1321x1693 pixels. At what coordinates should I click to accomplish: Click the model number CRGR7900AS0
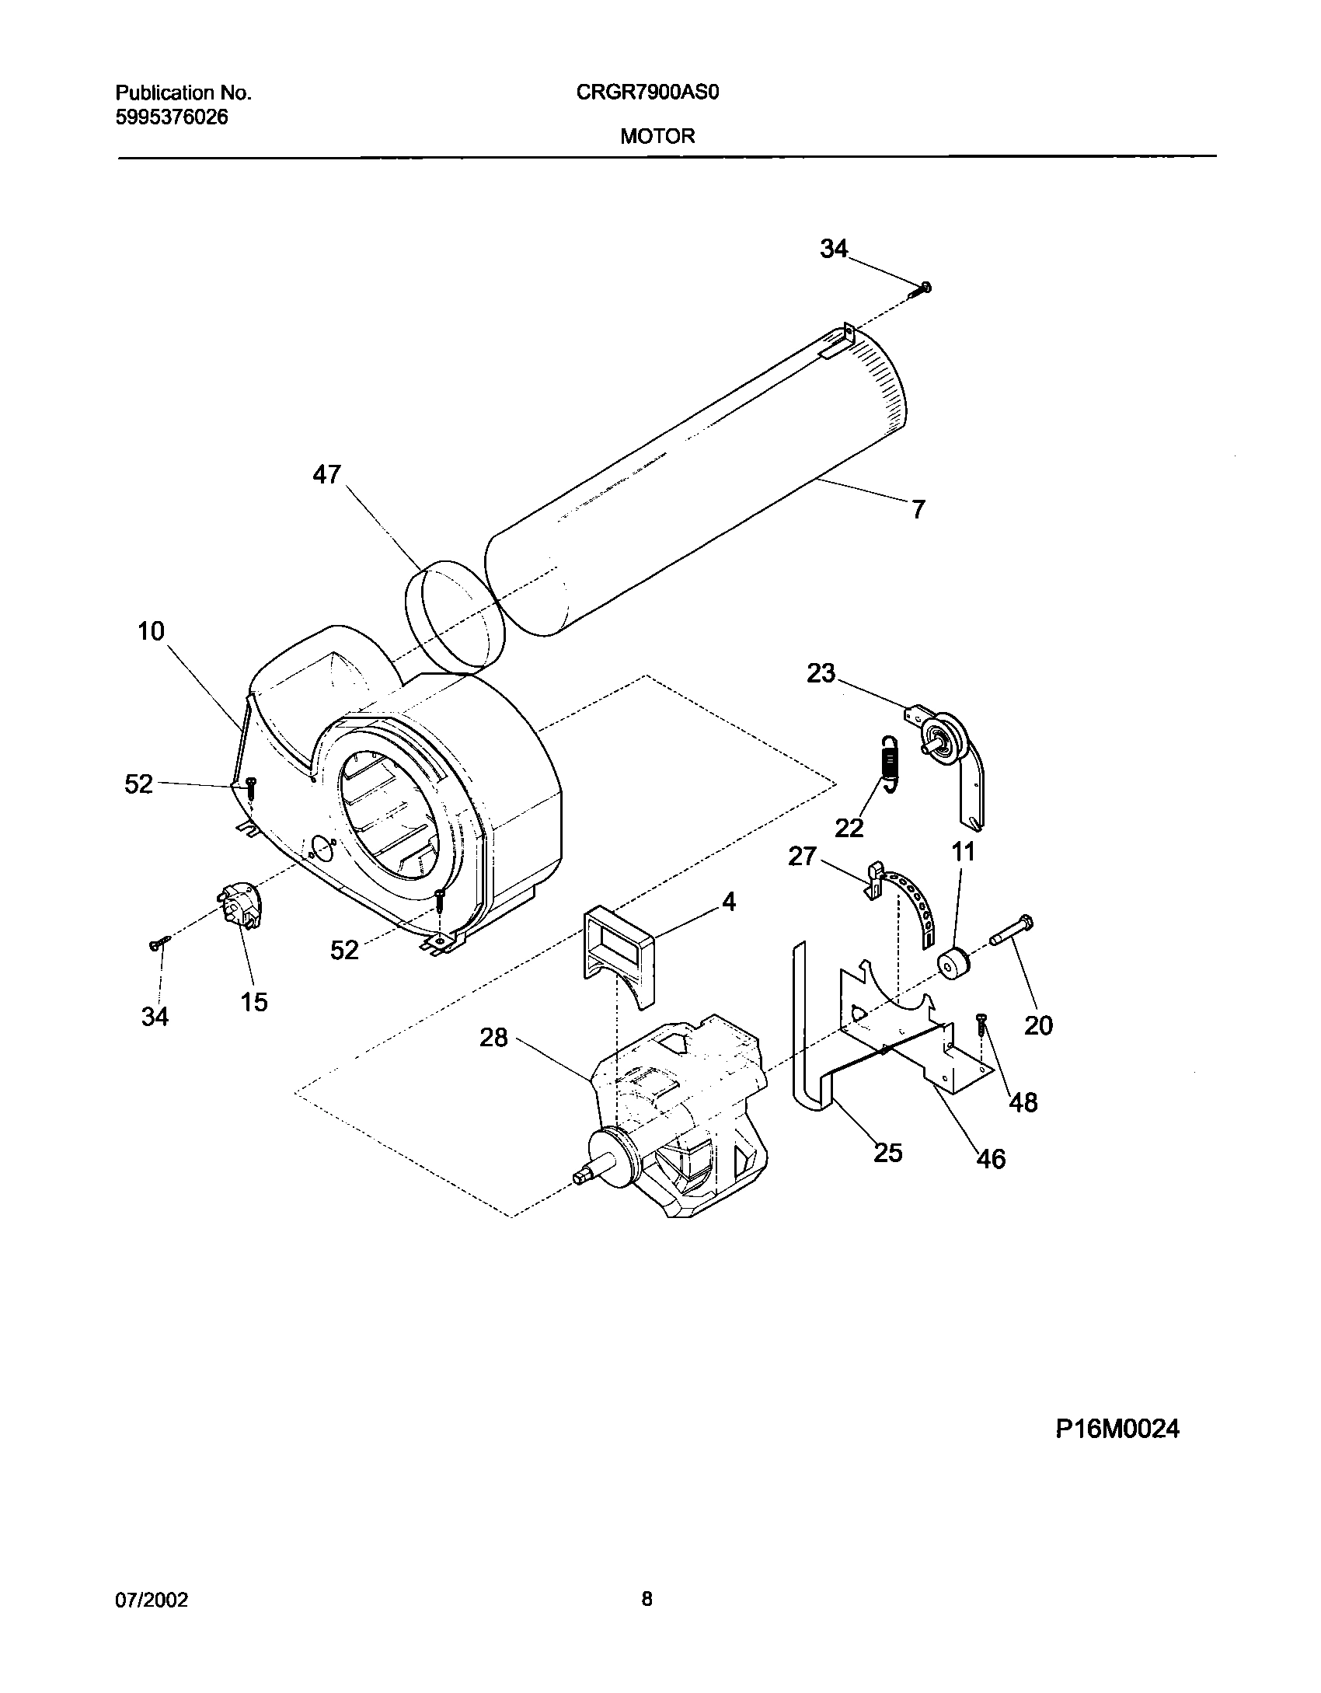[x=648, y=93]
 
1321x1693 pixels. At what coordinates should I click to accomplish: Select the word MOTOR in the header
[x=657, y=136]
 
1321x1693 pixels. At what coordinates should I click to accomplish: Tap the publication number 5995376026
[x=172, y=117]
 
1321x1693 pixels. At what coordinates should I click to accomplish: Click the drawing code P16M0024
[x=1117, y=1429]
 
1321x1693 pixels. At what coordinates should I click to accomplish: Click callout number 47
[x=326, y=474]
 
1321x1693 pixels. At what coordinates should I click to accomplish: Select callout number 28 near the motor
[x=493, y=1037]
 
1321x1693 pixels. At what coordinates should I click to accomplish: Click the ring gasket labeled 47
[x=454, y=616]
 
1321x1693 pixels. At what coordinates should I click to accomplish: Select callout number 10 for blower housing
[x=151, y=631]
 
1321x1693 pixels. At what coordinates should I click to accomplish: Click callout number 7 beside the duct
[x=918, y=510]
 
